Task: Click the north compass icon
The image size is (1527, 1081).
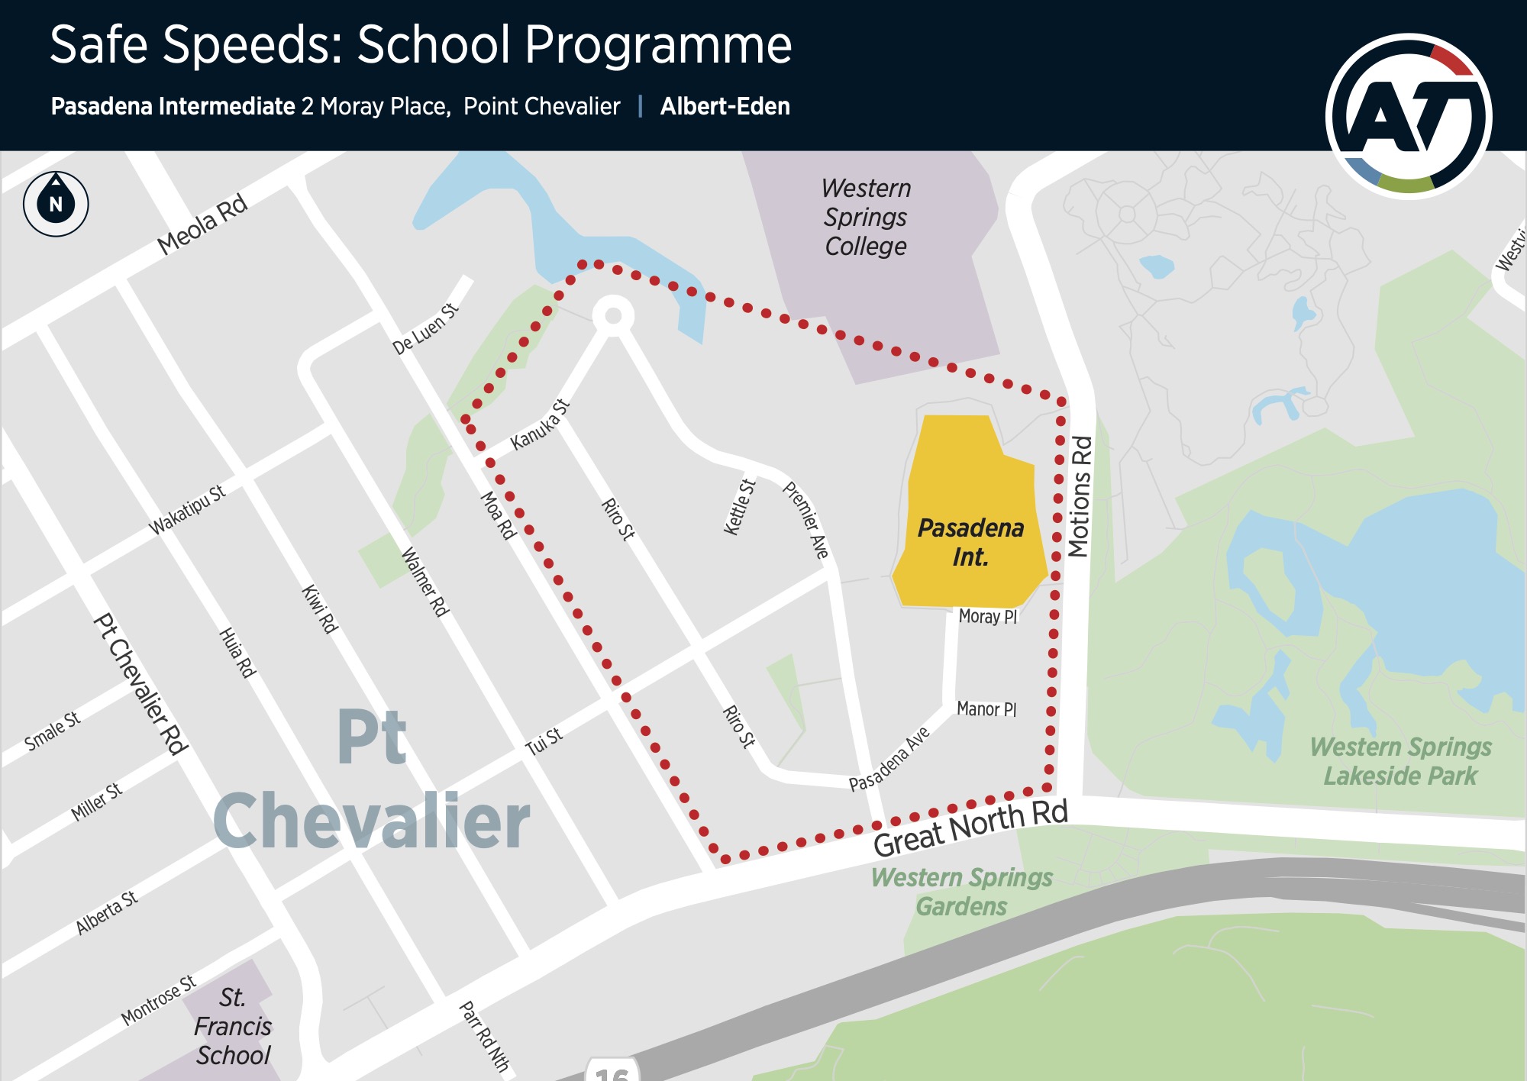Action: point(56,204)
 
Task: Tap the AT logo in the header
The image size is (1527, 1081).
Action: point(1409,116)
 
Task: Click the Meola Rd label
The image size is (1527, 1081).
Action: point(202,224)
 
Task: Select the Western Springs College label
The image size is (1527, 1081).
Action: point(866,218)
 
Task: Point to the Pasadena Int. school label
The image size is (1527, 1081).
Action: point(970,542)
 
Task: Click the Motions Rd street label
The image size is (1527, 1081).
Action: point(1080,496)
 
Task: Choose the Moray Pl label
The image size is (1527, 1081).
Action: point(988,617)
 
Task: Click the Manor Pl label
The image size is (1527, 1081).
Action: point(986,709)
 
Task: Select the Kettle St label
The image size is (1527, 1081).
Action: point(739,507)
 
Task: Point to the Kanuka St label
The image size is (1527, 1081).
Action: point(541,424)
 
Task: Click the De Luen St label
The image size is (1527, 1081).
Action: point(425,329)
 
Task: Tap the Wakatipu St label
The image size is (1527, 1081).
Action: point(187,510)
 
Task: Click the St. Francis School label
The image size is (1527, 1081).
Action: point(233,1026)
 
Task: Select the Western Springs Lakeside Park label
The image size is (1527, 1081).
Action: point(1400,761)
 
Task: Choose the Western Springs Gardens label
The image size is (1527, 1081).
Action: point(962,892)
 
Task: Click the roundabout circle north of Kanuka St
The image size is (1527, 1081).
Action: point(613,315)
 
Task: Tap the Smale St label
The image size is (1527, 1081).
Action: point(52,731)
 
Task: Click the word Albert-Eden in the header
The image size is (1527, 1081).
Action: point(725,106)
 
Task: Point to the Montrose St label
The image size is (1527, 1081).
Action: point(159,1000)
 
